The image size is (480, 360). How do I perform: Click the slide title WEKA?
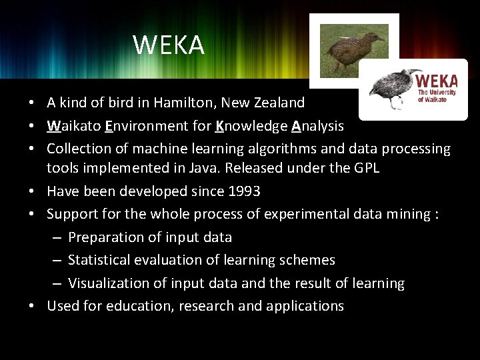pos(169,45)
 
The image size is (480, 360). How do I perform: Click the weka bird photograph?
pos(354,49)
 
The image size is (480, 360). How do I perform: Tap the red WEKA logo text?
pos(437,81)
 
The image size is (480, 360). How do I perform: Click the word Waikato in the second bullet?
pos(73,125)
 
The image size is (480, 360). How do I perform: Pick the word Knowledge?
pos(251,125)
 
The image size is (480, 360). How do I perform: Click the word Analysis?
pos(317,125)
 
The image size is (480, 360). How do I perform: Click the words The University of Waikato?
pos(437,95)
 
